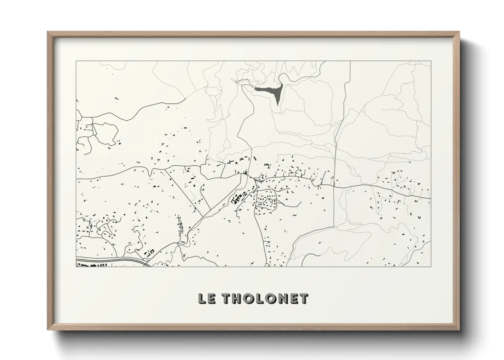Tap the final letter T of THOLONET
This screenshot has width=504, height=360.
tap(304, 299)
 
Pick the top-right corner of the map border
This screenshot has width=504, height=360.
tap(431, 61)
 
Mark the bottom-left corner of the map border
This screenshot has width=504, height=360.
tap(76, 266)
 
